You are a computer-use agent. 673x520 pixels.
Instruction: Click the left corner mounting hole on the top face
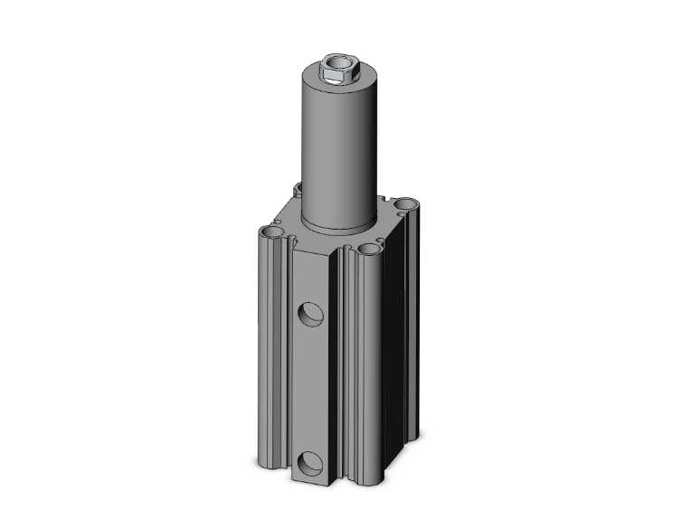(x=272, y=234)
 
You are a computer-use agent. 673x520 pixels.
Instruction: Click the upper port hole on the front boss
(x=310, y=313)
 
